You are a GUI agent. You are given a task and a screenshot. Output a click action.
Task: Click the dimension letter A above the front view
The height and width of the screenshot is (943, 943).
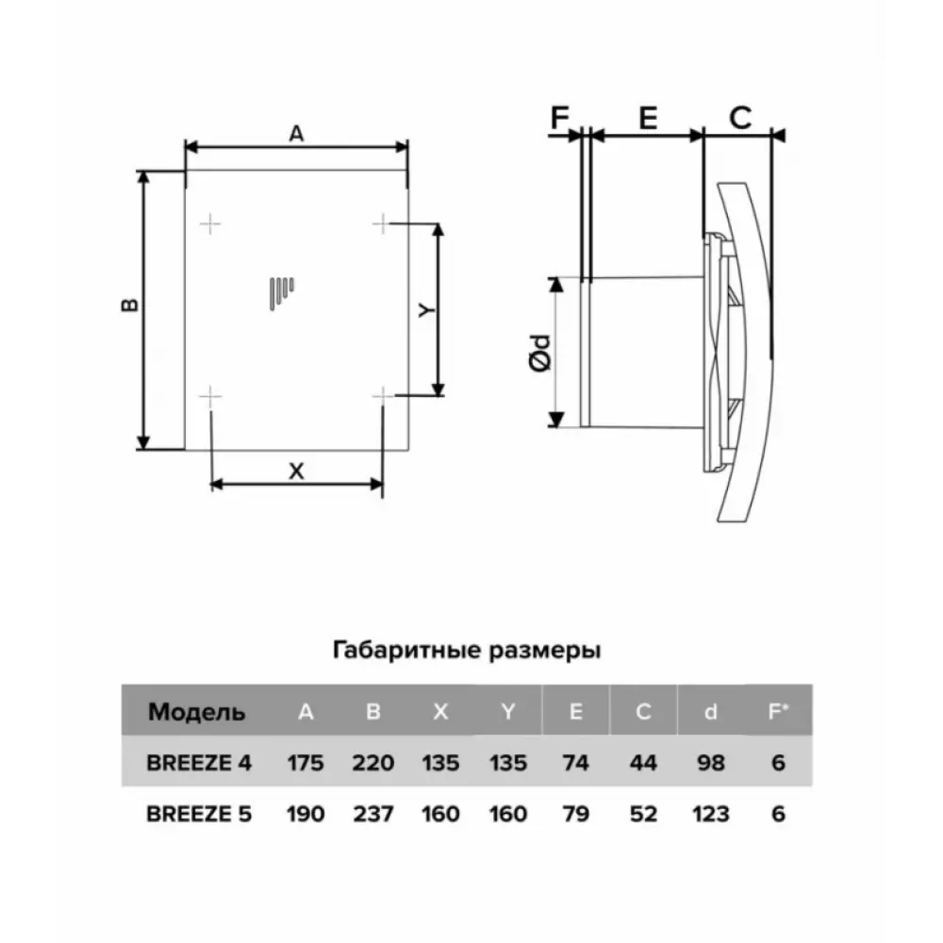point(296,134)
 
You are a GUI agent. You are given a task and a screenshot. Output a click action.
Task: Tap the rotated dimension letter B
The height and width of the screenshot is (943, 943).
point(129,305)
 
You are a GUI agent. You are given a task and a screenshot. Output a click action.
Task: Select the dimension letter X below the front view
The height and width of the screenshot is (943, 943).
point(296,471)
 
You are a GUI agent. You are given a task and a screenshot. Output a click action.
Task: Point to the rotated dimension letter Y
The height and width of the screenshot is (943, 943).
point(426,309)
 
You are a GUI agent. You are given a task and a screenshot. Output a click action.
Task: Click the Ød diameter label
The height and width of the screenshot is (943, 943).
point(540,353)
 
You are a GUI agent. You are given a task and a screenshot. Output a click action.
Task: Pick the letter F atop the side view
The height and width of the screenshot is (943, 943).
point(559,118)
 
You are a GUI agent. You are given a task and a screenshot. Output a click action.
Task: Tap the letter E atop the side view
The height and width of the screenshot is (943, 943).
point(648,118)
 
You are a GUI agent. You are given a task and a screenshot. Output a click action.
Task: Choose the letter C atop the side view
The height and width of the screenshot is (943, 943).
point(740,118)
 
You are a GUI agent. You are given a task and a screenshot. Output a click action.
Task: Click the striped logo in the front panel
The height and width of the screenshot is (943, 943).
point(281,293)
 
